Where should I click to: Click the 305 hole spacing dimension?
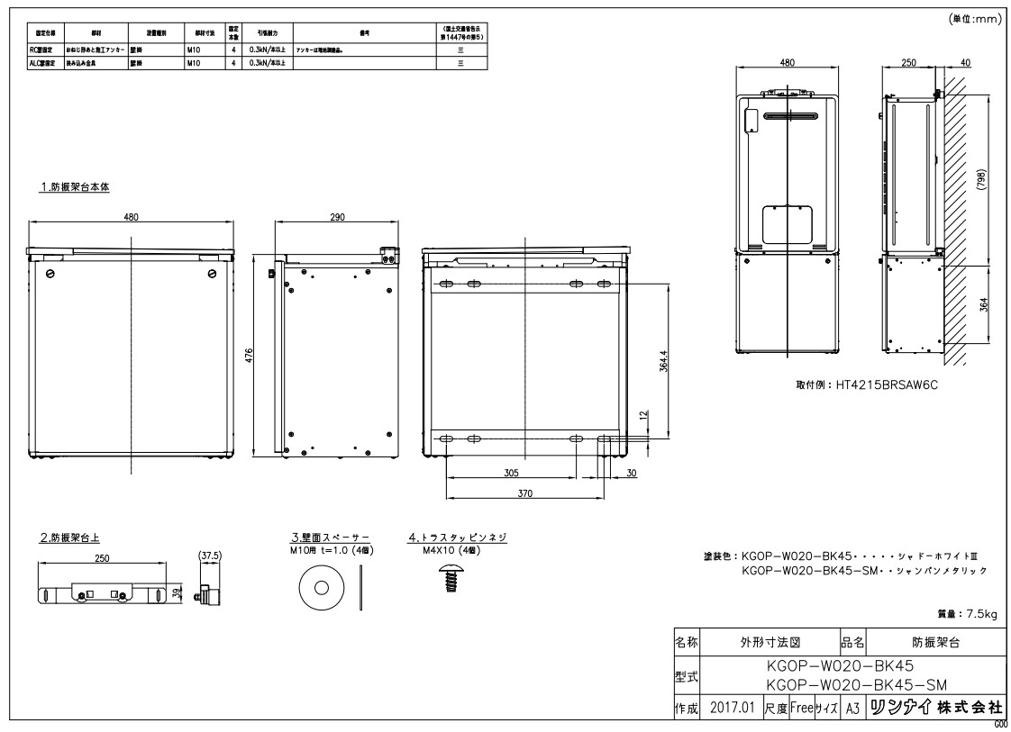[511, 472]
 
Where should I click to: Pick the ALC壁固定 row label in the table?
[44, 63]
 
